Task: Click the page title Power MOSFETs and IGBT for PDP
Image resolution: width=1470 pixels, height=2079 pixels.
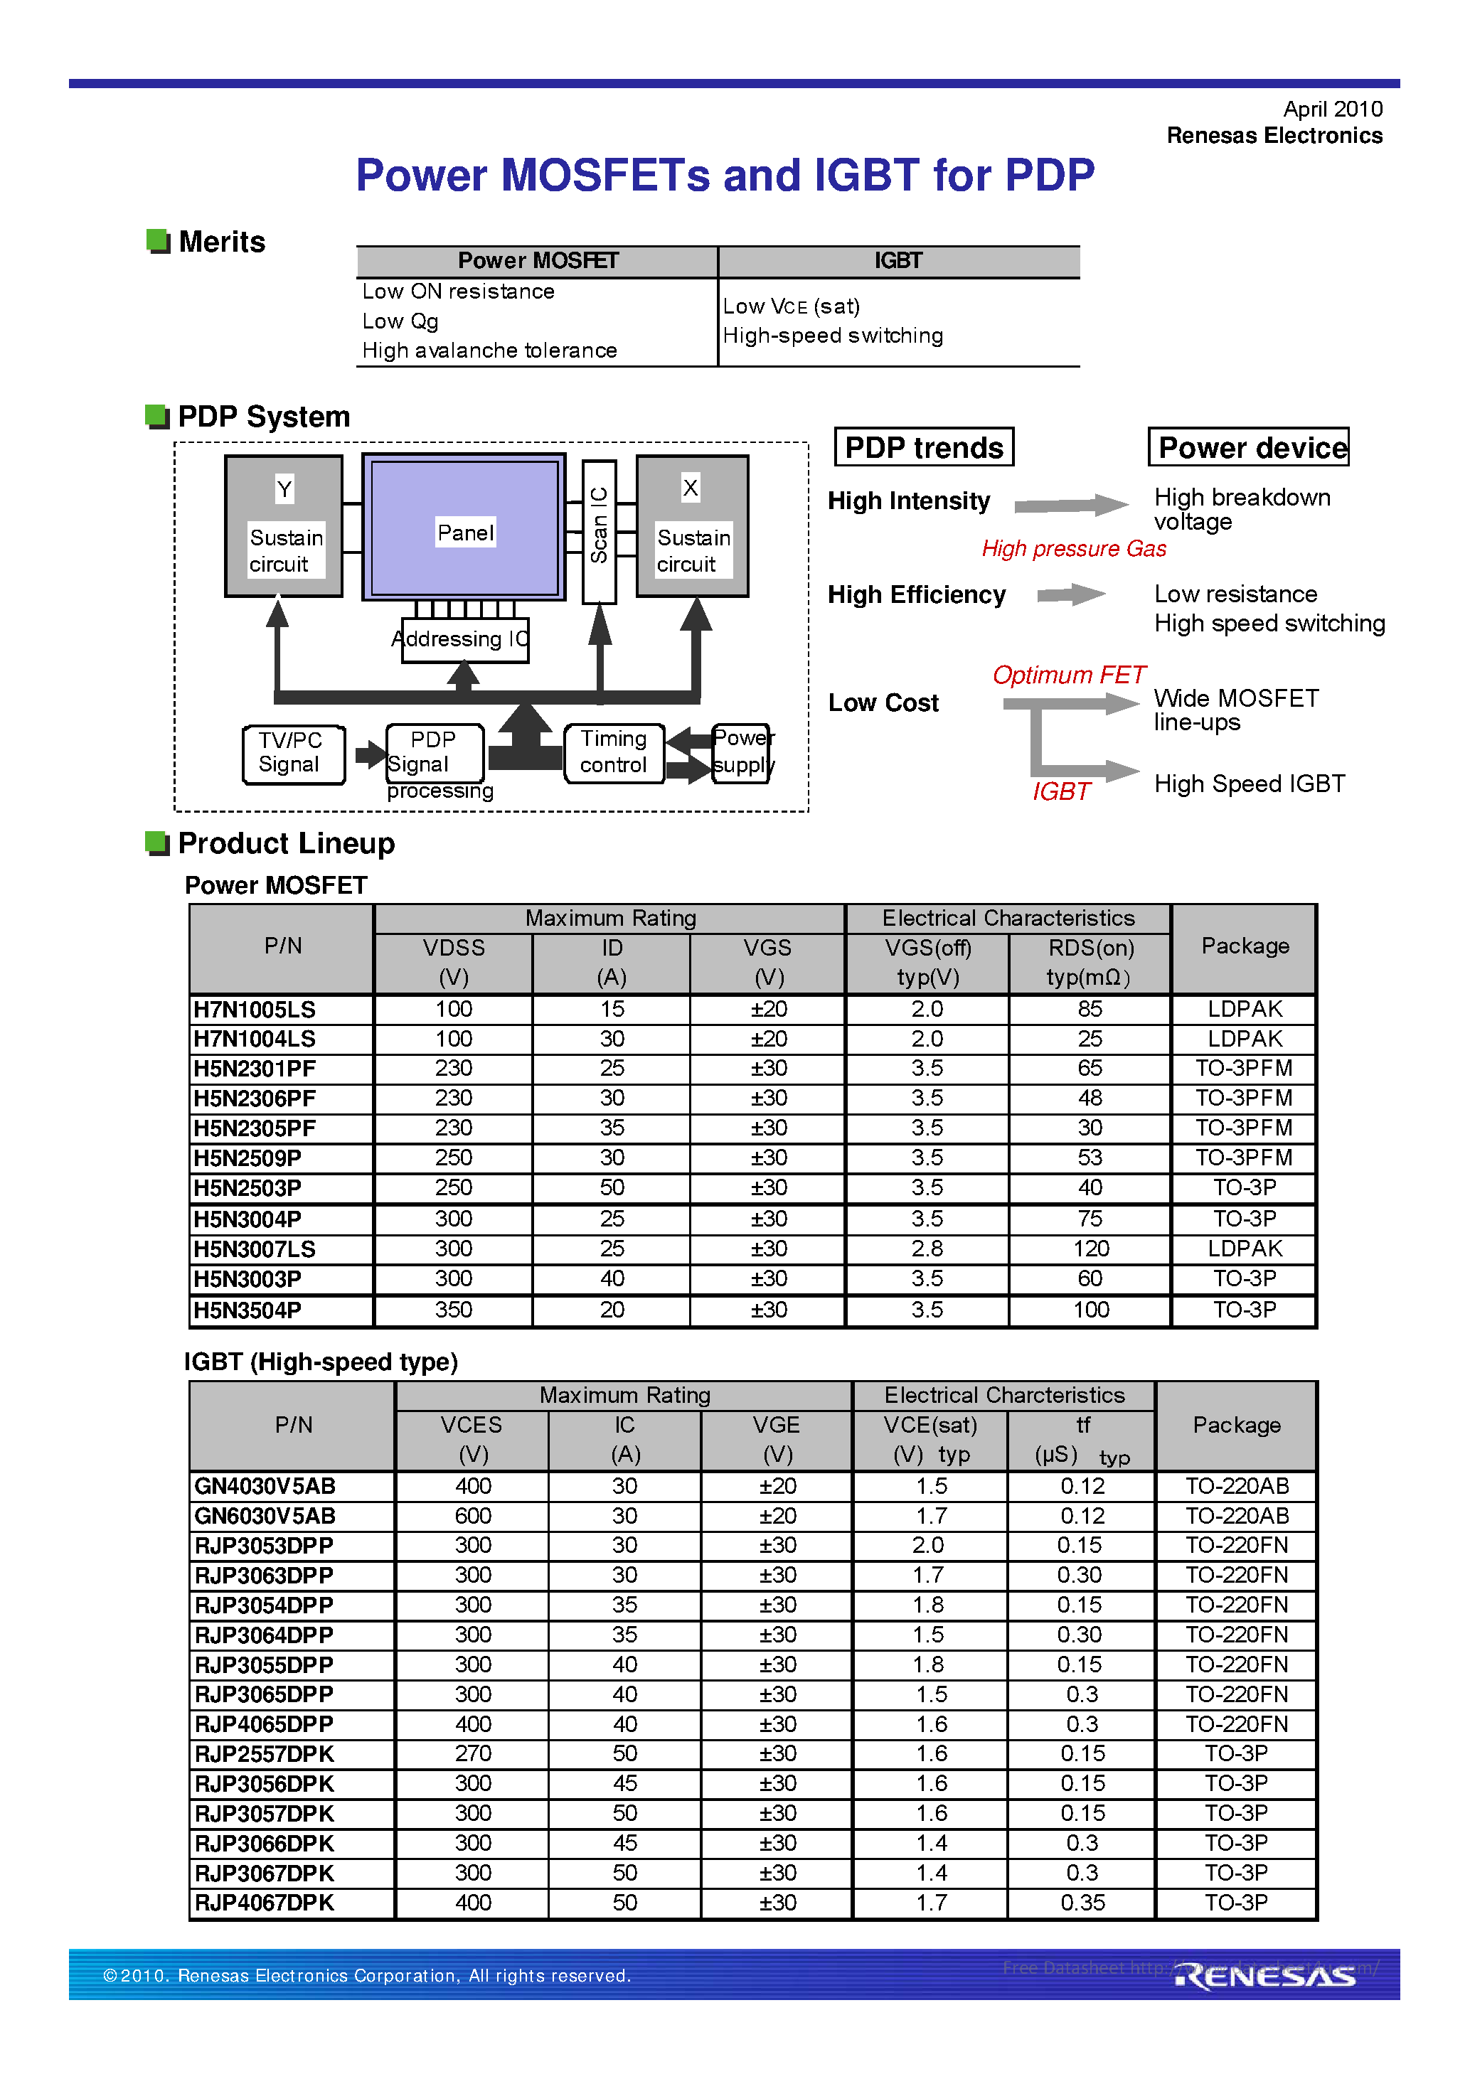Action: point(725,175)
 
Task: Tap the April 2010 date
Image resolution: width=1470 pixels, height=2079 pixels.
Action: point(1331,109)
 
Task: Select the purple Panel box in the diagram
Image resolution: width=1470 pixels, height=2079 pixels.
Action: point(464,528)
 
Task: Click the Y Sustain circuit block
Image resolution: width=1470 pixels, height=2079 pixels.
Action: point(284,526)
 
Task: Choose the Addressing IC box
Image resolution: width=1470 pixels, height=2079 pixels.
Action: point(464,639)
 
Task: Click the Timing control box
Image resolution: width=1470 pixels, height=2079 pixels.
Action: point(613,752)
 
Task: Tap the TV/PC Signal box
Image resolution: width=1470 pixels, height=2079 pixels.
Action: point(292,752)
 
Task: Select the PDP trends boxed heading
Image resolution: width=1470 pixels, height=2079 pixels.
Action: point(923,447)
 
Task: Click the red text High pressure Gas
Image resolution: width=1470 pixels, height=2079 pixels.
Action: point(1073,549)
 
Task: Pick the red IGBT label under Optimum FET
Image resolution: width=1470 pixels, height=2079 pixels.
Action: point(1060,791)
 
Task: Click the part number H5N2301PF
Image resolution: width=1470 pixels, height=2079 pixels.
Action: point(255,1069)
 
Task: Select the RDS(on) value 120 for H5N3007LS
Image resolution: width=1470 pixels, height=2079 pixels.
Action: point(1090,1249)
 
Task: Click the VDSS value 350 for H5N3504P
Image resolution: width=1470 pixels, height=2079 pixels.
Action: point(453,1310)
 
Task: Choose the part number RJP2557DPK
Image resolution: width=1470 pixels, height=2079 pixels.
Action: point(265,1754)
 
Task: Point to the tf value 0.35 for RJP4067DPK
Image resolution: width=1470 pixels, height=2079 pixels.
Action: point(1082,1903)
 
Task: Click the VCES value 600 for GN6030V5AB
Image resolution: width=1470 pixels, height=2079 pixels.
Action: point(473,1516)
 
